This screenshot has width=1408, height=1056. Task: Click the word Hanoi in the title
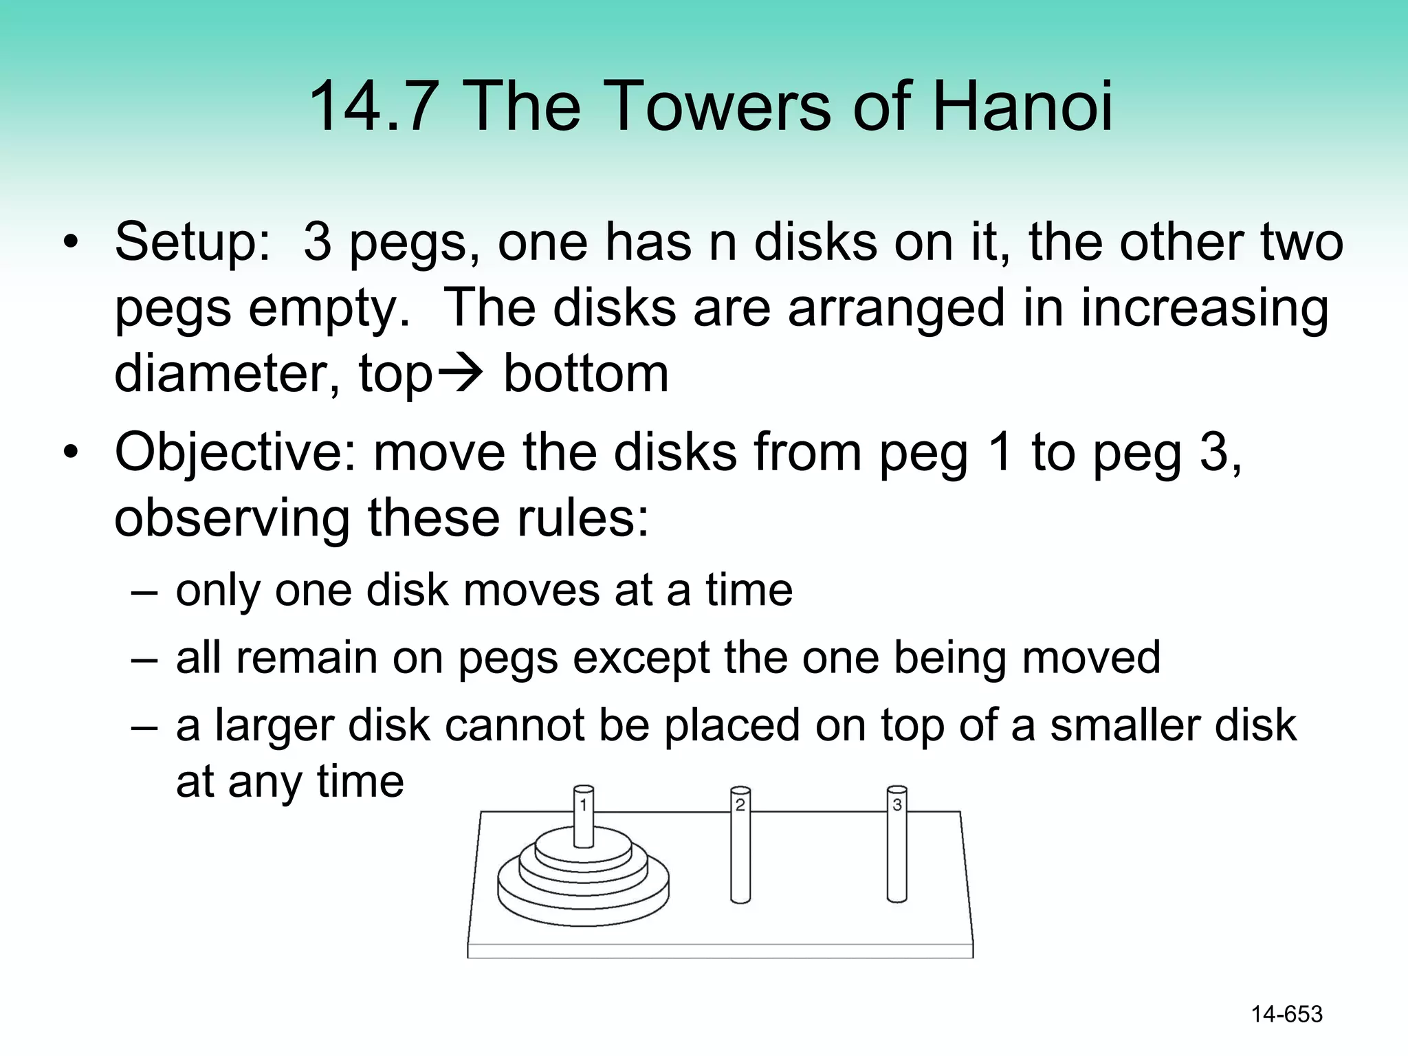click(1022, 107)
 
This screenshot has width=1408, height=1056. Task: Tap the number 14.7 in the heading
click(373, 107)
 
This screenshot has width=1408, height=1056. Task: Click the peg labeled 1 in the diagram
click(584, 818)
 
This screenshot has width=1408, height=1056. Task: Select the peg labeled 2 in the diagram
click(740, 846)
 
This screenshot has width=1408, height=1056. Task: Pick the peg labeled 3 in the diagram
click(896, 846)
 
